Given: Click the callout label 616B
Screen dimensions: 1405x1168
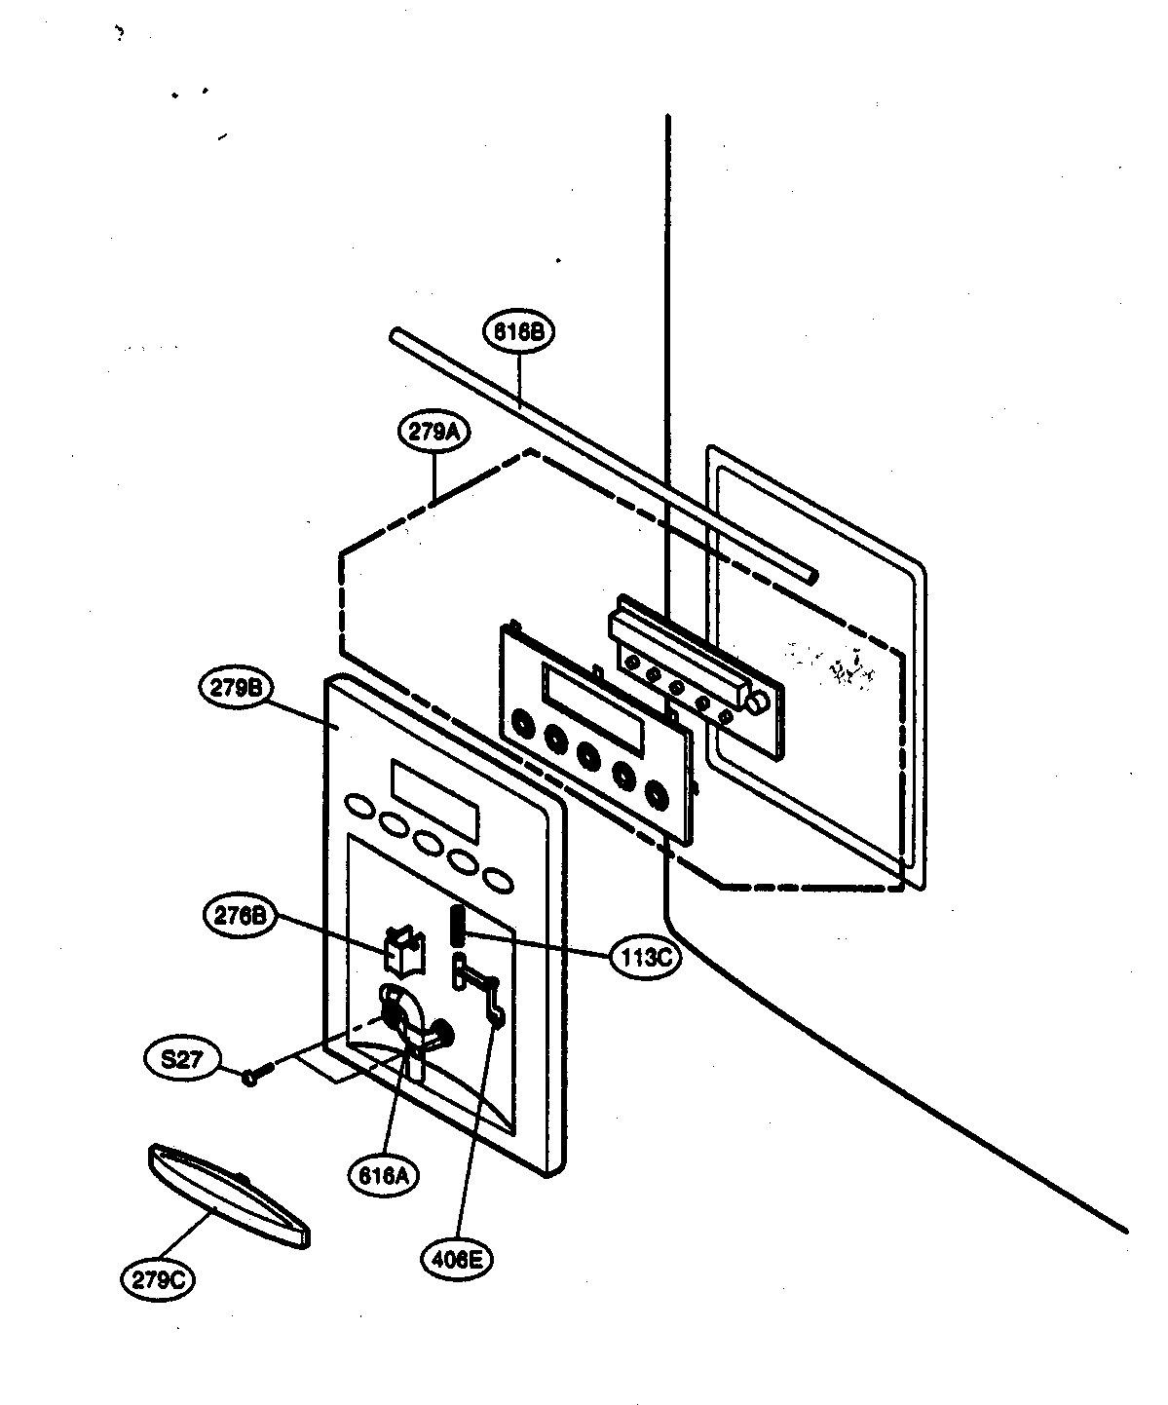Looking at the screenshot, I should point(517,331).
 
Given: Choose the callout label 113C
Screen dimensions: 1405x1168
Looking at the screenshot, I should point(642,958).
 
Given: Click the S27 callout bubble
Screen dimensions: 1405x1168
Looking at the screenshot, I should point(182,1058).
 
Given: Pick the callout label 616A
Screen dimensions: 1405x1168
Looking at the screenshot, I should point(383,1175).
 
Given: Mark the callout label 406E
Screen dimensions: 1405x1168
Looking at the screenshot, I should point(457,1260).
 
